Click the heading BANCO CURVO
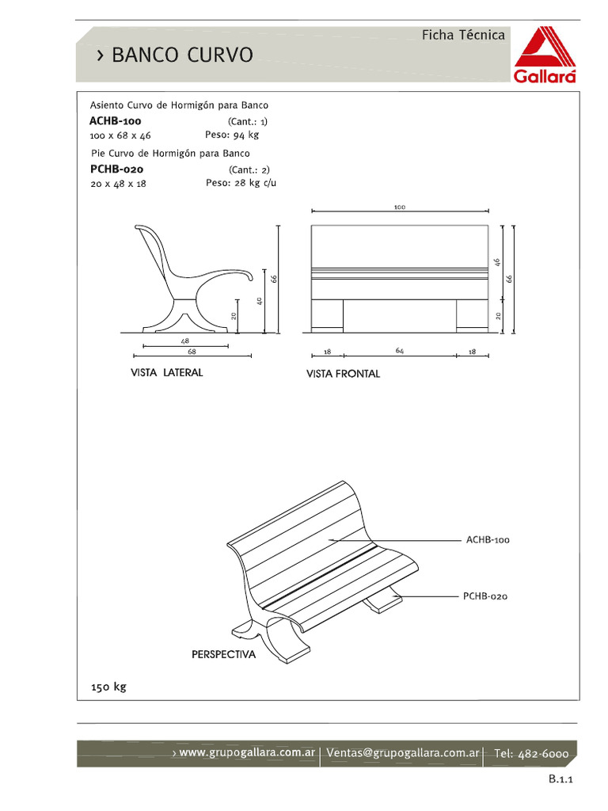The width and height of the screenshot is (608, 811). [182, 55]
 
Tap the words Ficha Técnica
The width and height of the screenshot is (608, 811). [463, 35]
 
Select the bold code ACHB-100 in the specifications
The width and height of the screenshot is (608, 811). [116, 121]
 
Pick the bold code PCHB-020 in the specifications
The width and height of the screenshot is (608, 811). [116, 169]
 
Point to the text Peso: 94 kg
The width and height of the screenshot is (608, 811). [232, 135]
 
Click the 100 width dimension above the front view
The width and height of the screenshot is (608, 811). [399, 207]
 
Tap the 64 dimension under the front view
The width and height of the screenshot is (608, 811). [400, 351]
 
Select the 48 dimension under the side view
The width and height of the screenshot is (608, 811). [184, 341]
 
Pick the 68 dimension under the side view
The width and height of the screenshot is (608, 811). [192, 351]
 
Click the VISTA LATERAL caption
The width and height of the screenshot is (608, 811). [166, 372]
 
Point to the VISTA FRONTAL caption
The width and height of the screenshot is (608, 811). [343, 374]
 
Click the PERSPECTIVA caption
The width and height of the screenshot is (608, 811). [223, 655]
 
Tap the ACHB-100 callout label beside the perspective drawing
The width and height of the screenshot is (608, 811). [488, 540]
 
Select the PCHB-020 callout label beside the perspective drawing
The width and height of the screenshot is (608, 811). [485, 596]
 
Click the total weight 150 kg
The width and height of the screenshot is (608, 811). [108, 687]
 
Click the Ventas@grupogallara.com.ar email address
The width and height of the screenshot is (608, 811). [403, 752]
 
